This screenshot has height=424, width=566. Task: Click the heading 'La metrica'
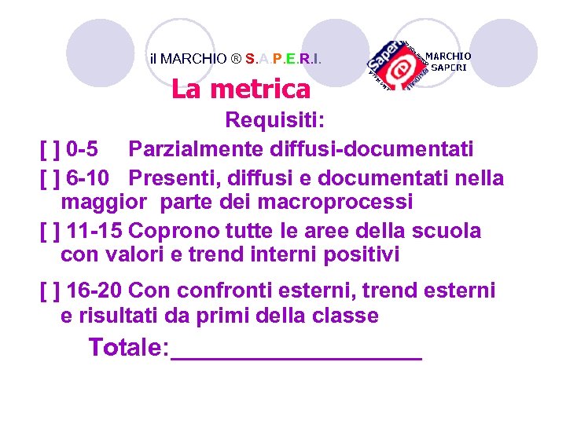coord(241,90)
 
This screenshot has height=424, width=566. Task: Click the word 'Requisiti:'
coord(280,120)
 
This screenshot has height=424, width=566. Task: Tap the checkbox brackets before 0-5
coord(50,148)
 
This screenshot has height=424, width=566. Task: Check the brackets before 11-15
coord(50,231)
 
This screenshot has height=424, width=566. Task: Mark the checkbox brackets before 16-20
coord(50,291)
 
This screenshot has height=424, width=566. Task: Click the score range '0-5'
coord(83,148)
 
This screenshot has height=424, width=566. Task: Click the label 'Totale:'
coord(129,347)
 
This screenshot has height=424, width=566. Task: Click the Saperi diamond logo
coord(398,62)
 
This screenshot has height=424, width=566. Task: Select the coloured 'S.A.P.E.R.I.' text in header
coord(283,58)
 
